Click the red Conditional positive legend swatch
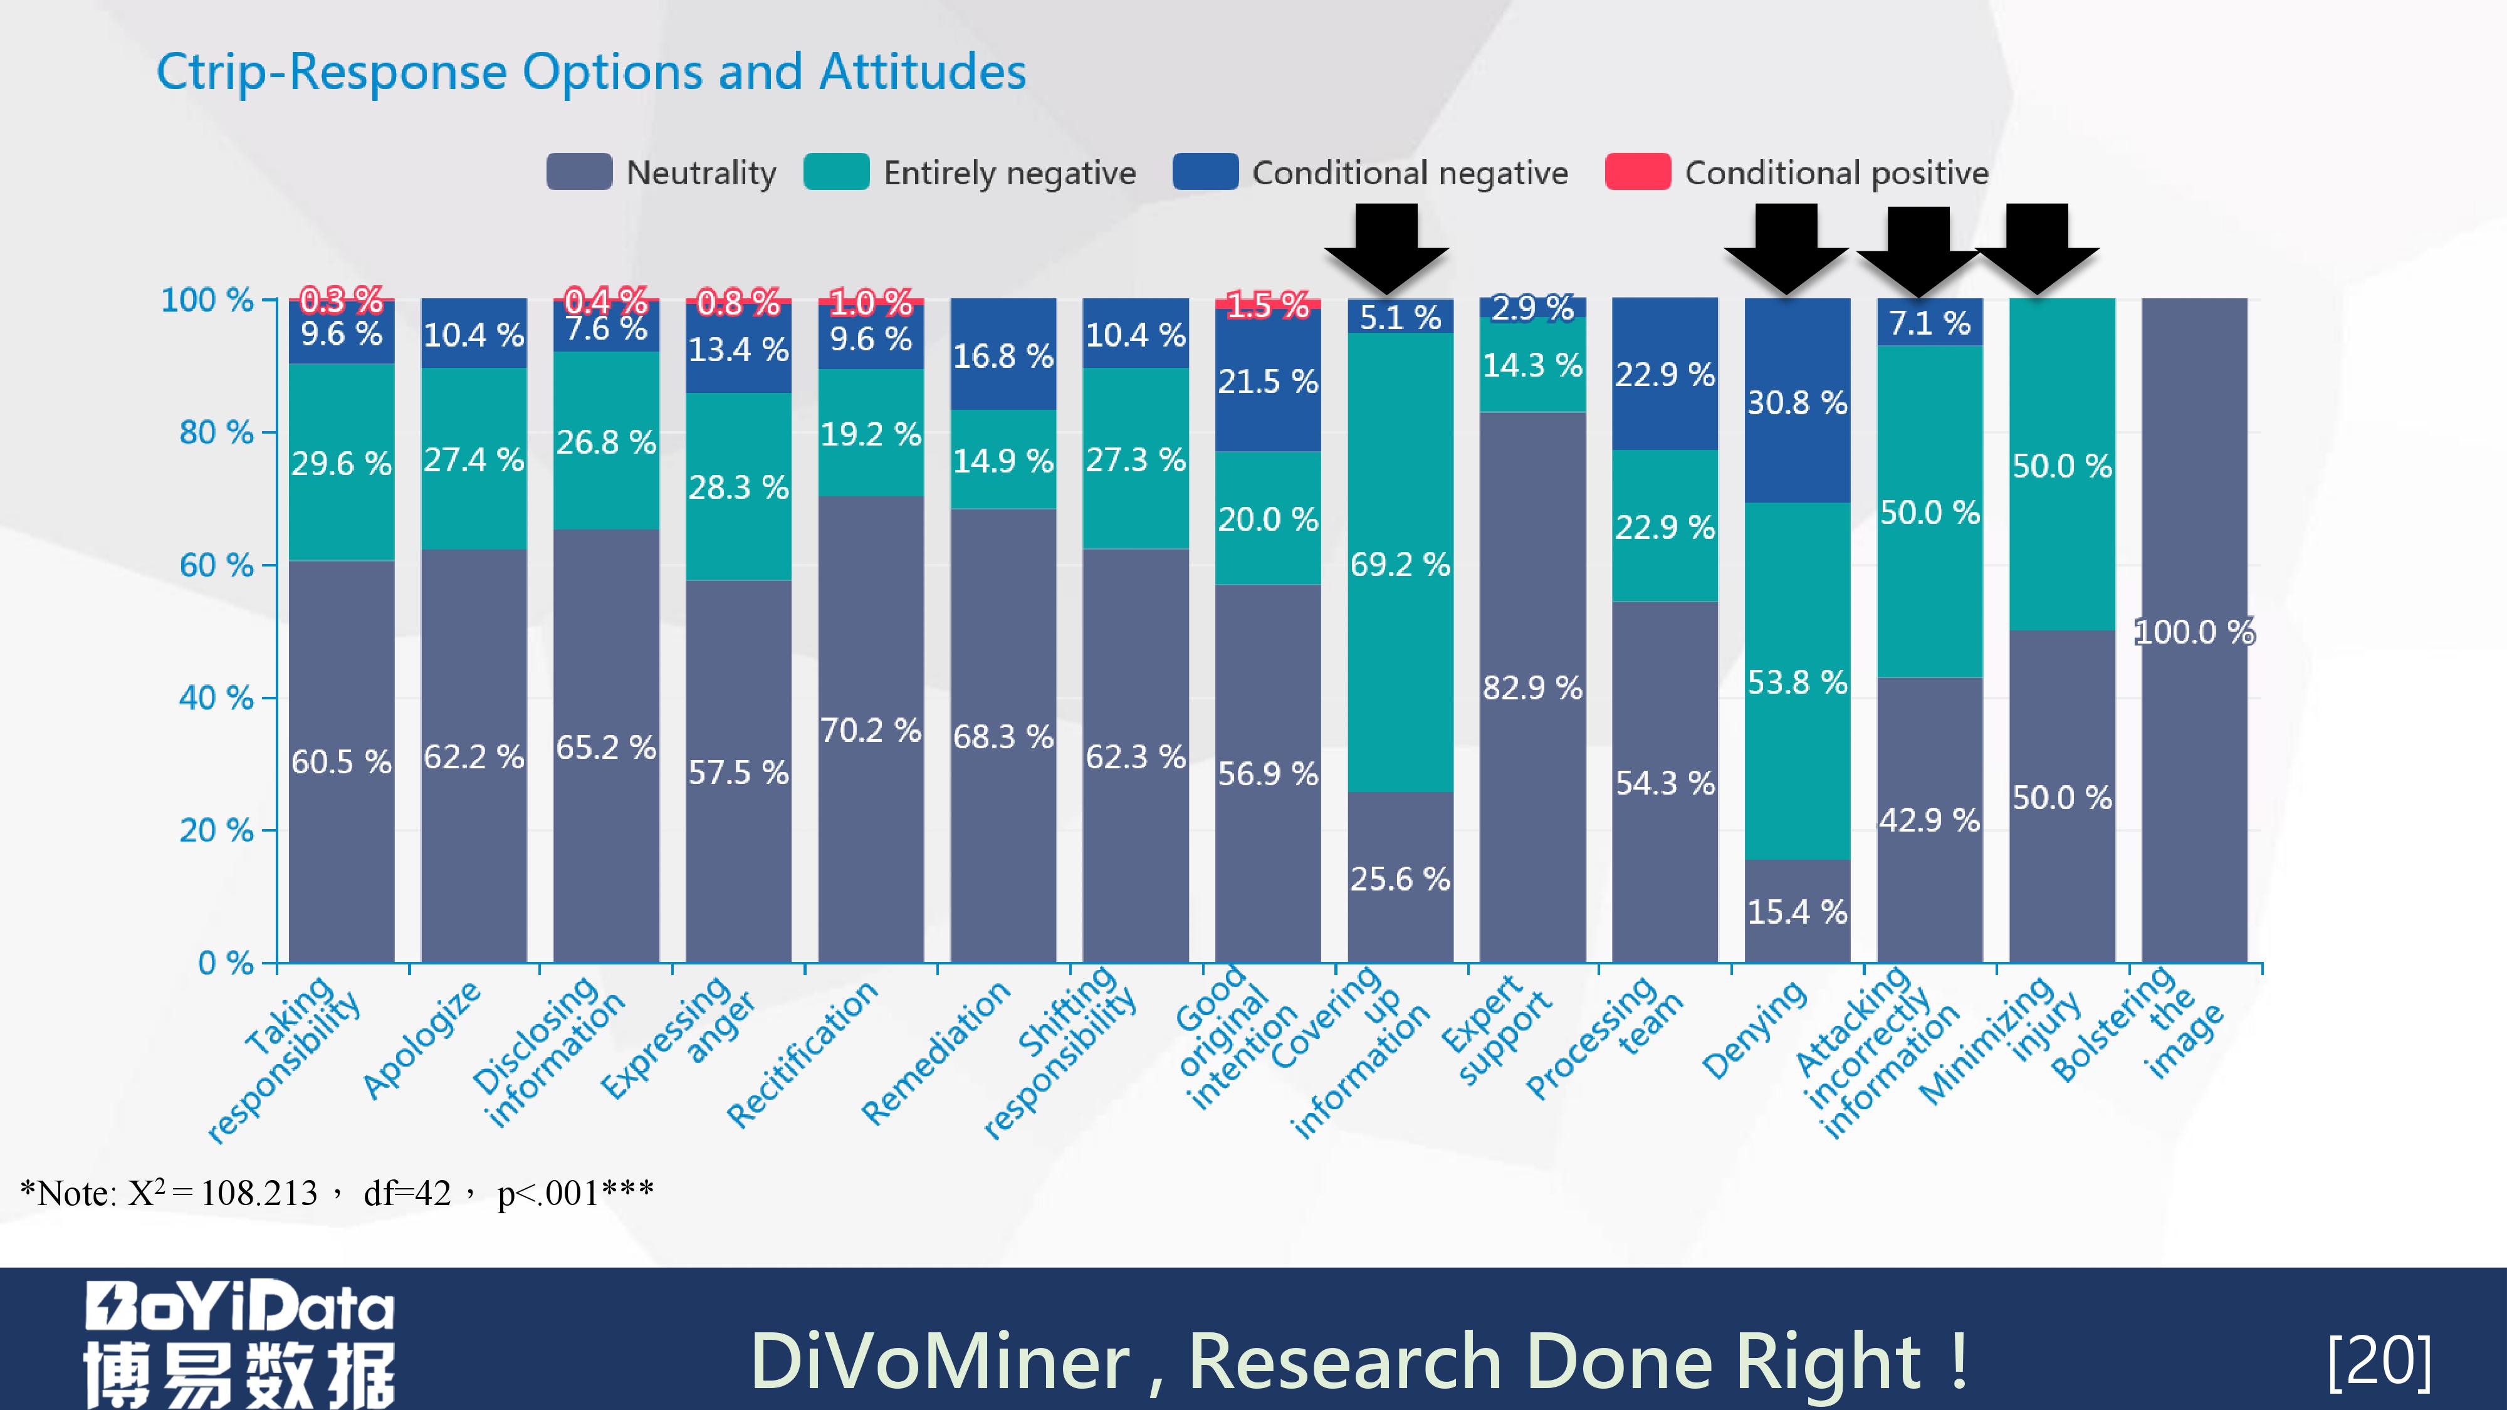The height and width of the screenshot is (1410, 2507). pyautogui.click(x=1637, y=172)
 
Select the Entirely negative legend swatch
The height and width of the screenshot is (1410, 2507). pyautogui.click(x=836, y=172)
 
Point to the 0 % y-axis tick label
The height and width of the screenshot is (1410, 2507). pyautogui.click(x=225, y=963)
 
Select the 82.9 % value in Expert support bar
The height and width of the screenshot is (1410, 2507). pyautogui.click(x=1532, y=688)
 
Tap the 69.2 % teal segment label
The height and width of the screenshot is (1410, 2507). pyautogui.click(x=1400, y=565)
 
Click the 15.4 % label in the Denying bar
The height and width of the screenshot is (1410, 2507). pyautogui.click(x=1796, y=912)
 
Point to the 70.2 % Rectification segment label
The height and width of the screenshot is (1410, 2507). pyautogui.click(x=870, y=730)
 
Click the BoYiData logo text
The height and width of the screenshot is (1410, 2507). pyautogui.click(x=239, y=1307)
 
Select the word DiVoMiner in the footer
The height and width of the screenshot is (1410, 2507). pyautogui.click(x=939, y=1360)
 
